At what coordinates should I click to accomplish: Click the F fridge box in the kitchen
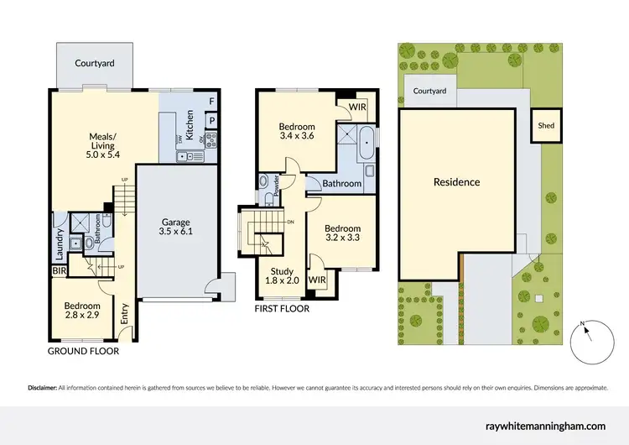coord(211,102)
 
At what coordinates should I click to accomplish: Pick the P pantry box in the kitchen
coord(211,120)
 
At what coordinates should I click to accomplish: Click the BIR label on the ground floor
coord(58,270)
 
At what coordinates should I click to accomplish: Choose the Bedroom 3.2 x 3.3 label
coord(342,233)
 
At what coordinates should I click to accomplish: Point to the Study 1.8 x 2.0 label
coord(281,276)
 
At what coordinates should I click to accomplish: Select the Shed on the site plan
coord(545,126)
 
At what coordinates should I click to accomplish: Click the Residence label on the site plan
coord(456,182)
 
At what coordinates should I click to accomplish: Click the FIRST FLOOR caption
coord(281,309)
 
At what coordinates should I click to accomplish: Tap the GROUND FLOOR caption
coord(83,351)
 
